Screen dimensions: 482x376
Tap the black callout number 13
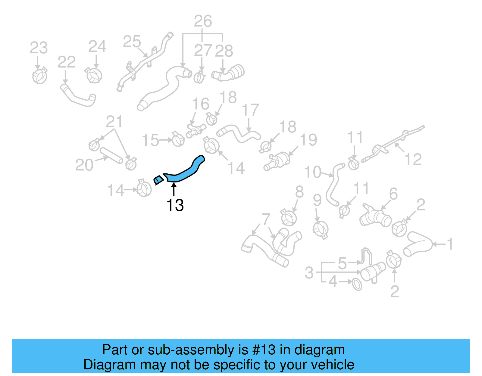pyautogui.click(x=175, y=205)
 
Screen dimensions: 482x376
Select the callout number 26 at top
pyautogui.click(x=203, y=21)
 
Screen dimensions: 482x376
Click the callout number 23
pyautogui.click(x=39, y=48)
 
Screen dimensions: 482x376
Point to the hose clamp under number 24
pyautogui.click(x=94, y=75)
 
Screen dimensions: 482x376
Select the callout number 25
pyautogui.click(x=132, y=42)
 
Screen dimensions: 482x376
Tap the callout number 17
pyautogui.click(x=250, y=110)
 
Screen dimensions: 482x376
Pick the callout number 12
pyautogui.click(x=413, y=160)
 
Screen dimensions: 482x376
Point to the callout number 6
pyautogui.click(x=393, y=194)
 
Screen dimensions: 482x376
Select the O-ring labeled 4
pyautogui.click(x=357, y=284)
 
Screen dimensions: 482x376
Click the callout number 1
pyautogui.click(x=450, y=244)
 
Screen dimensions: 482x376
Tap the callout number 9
pyautogui.click(x=317, y=200)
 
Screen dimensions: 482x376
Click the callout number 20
pyautogui.click(x=84, y=165)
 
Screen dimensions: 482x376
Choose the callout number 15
pyautogui.click(x=150, y=140)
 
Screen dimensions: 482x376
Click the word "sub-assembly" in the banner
pyautogui.click(x=191, y=350)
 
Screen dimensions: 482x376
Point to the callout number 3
pyautogui.click(x=309, y=273)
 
